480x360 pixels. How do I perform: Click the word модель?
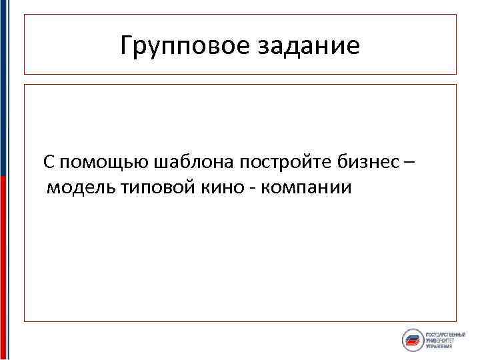tap(81, 187)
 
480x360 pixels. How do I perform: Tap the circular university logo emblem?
tap(413, 340)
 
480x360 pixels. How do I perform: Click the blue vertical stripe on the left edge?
tap(3, 87)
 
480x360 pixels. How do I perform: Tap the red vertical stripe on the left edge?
tap(3, 267)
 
